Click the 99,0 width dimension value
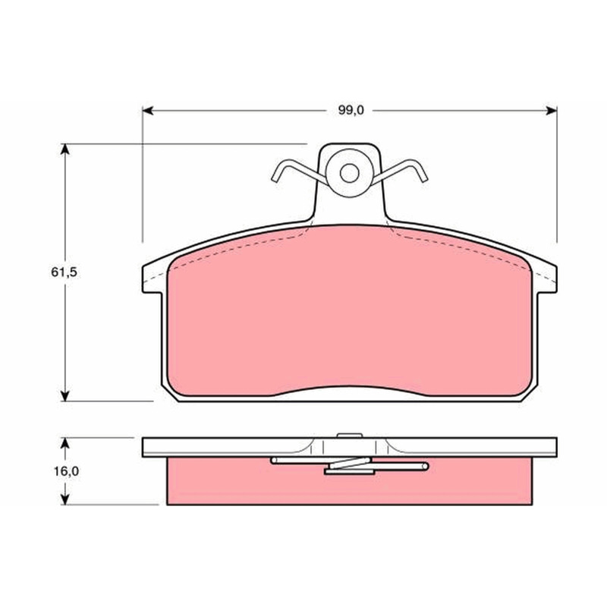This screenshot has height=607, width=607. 351,111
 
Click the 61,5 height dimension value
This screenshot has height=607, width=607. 64,272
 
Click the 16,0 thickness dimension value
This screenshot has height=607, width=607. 66,471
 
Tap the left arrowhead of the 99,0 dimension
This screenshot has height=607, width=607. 148,111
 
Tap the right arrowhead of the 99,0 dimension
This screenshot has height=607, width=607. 552,111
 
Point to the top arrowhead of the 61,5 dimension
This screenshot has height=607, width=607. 65,149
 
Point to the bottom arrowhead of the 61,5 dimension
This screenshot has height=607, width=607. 65,395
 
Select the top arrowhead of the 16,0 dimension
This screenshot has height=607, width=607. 65,443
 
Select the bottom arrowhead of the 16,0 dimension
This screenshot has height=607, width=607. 65,499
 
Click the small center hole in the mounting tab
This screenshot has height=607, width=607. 350,173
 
